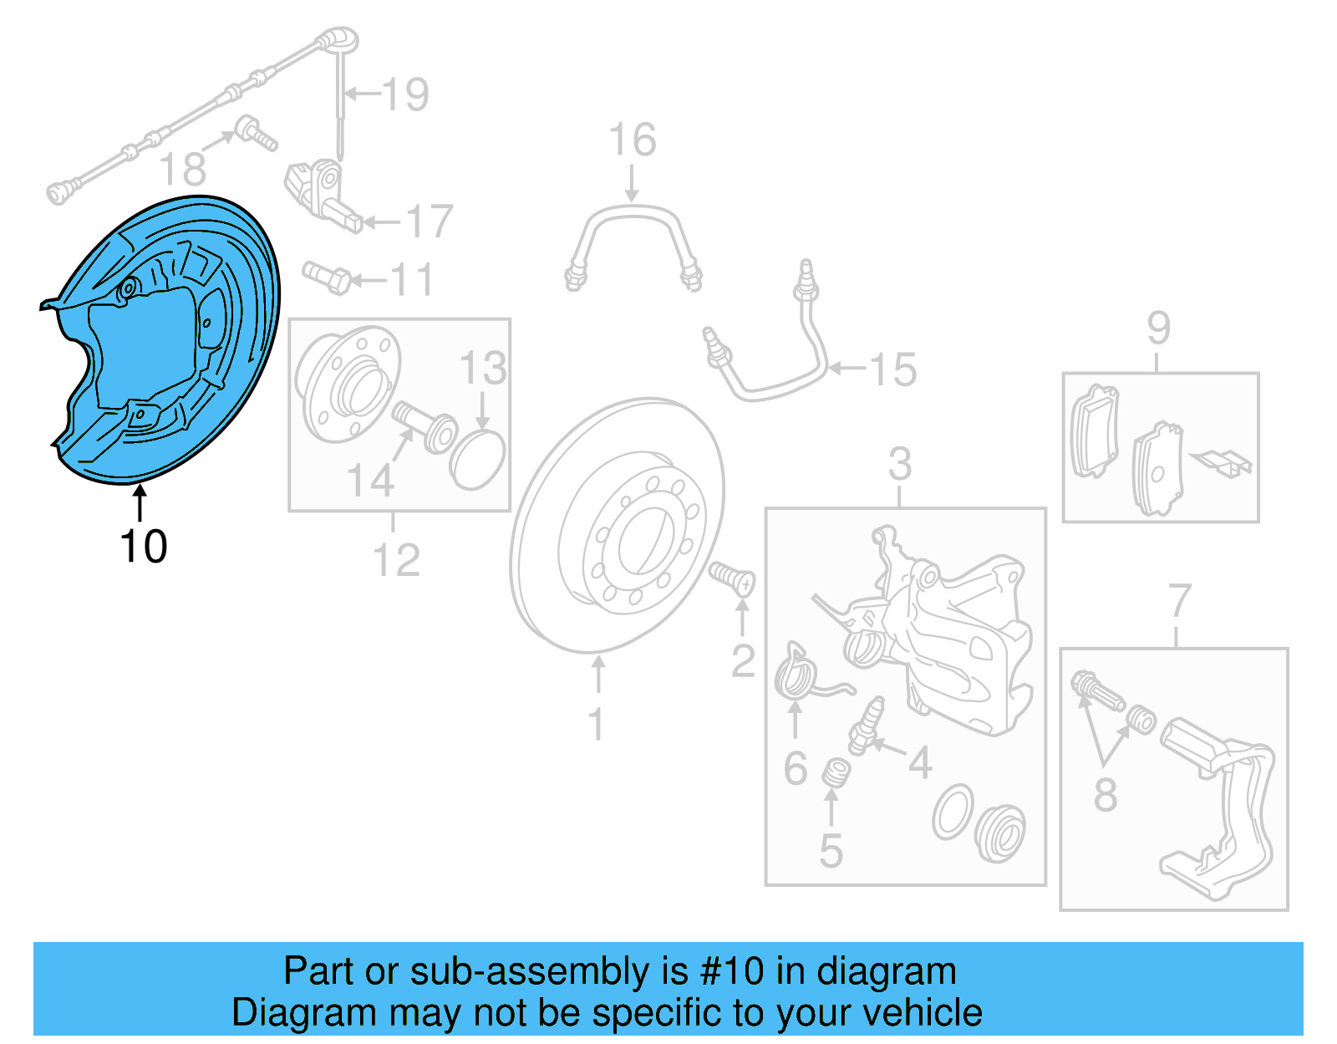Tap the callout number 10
coord(144,547)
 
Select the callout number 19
coord(406,94)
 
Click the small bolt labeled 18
coord(255,134)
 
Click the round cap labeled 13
coord(477,459)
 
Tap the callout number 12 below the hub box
coord(396,560)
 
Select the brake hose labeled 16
coord(633,242)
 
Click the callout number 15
coord(893,369)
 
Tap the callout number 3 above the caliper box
coord(899,464)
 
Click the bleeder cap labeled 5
coord(833,773)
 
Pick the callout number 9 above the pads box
coord(1158,328)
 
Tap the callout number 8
coord(1106,794)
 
